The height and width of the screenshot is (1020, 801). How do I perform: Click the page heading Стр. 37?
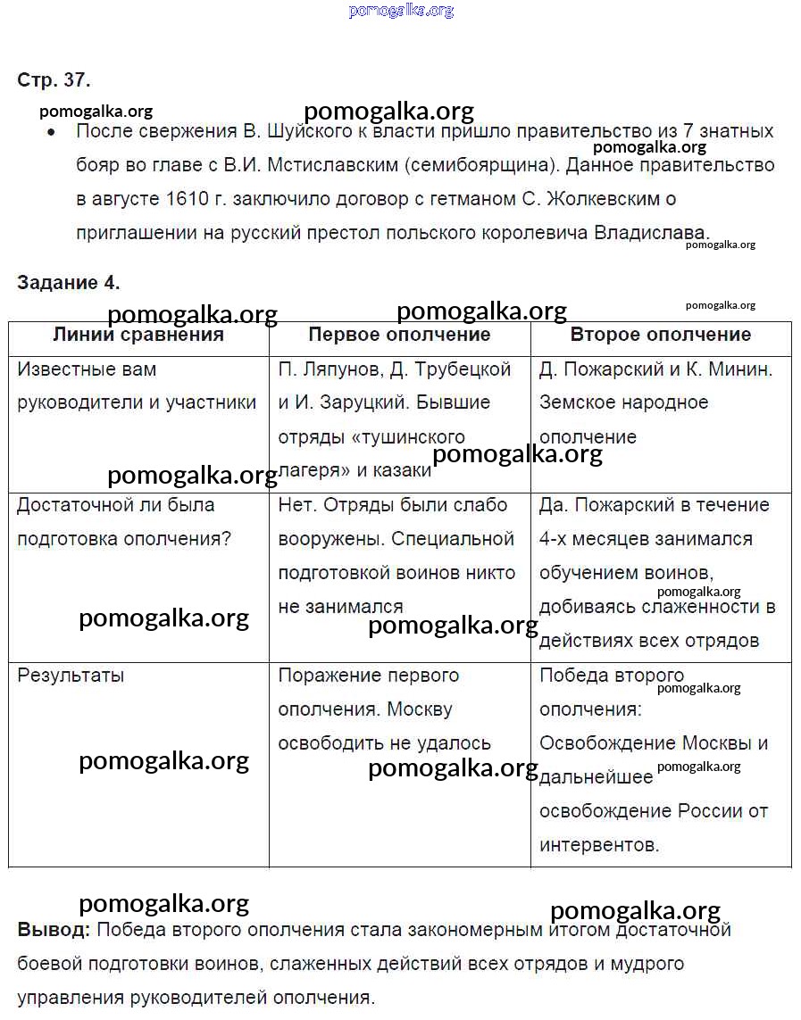pos(54,80)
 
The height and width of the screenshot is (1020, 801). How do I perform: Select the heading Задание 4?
pos(68,283)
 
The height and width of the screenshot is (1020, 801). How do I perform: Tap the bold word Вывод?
pos(54,930)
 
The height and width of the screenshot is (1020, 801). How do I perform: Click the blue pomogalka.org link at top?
pos(401,11)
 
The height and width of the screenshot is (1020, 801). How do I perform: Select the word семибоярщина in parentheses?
pos(482,165)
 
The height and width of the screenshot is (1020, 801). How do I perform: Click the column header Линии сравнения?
pos(138,335)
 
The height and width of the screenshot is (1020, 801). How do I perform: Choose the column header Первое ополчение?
pos(399,335)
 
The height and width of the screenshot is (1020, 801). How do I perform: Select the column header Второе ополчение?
pos(660,335)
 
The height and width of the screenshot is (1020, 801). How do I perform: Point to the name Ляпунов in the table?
pos(336,369)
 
